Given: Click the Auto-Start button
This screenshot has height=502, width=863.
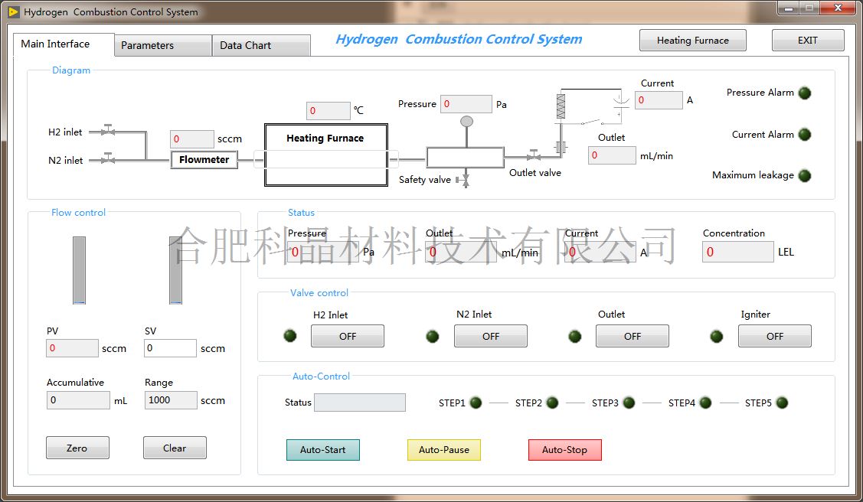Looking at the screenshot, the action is click(323, 450).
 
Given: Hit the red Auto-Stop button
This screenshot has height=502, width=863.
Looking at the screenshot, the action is click(564, 450).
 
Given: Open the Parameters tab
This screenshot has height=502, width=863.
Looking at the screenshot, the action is click(163, 45).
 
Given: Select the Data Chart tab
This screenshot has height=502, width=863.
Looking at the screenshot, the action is click(261, 45).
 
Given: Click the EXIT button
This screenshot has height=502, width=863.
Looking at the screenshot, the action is click(808, 40).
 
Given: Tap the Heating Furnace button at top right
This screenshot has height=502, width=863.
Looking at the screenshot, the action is click(693, 40).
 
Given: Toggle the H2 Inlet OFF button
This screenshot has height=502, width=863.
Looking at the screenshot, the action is click(348, 336).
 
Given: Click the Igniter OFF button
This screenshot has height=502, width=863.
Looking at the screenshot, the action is click(775, 336).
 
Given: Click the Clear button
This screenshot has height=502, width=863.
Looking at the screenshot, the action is click(175, 448).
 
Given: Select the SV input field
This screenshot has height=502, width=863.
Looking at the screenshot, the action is click(171, 348).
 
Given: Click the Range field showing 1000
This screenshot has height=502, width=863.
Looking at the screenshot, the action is click(171, 400).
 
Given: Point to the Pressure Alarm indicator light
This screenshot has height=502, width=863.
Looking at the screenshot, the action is click(805, 93).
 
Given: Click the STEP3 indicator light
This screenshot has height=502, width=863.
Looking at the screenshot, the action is click(629, 403).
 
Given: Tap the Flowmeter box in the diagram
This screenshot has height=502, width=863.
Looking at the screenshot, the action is click(204, 159).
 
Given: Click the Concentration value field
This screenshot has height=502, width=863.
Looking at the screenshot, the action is click(738, 252).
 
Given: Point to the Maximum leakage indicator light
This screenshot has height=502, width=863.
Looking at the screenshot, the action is click(805, 175).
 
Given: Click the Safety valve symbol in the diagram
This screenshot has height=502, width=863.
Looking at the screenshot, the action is click(464, 180).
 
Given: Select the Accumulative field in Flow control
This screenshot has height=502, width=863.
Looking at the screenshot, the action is click(78, 400).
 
